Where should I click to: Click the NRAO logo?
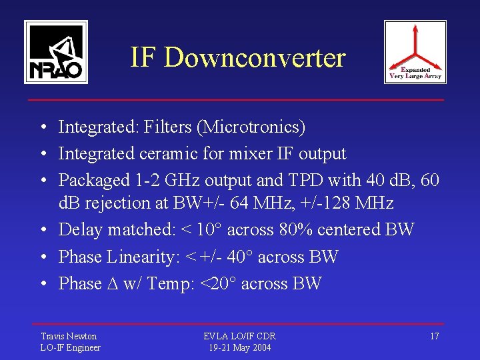[x=56, y=51]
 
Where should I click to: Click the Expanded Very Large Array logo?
[x=415, y=51]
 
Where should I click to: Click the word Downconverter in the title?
[x=255, y=58]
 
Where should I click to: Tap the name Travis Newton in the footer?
[x=69, y=336]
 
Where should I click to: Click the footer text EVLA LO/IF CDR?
[x=239, y=336]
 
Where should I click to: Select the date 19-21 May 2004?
[x=239, y=347]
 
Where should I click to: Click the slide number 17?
[x=434, y=336]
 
